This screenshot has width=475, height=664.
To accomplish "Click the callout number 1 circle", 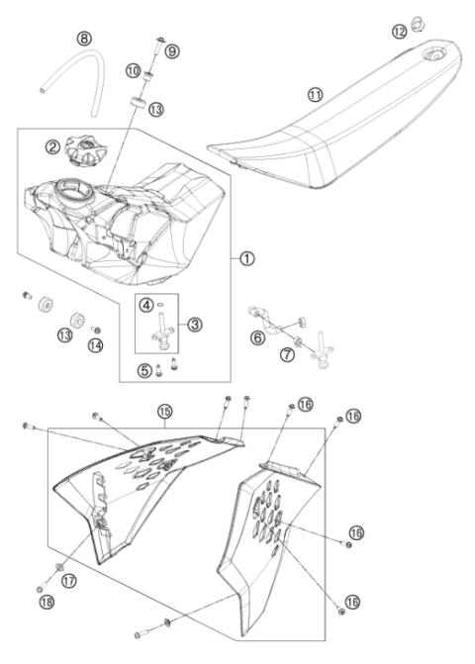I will tap(245, 256).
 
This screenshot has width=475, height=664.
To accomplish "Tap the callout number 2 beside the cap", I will tap(52, 147).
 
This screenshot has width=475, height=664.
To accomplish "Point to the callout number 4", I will tap(145, 303).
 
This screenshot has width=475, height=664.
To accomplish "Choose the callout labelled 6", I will tap(258, 337).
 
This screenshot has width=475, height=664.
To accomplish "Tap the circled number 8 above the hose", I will tap(85, 39).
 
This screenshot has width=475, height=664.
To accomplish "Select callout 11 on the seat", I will tap(315, 94).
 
